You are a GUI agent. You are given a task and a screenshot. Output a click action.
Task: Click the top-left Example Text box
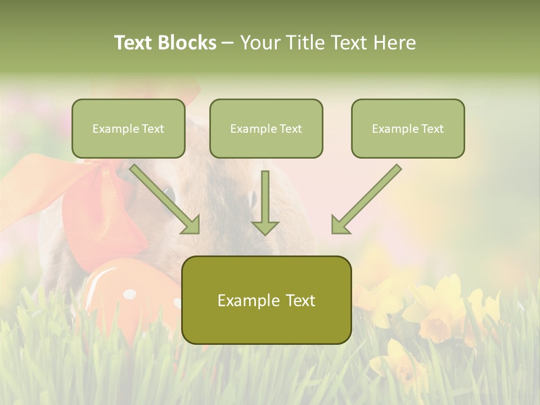coord(128,128)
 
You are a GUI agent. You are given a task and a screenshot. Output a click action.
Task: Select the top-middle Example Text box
coord(266,128)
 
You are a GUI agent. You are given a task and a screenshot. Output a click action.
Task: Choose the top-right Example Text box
coord(408,128)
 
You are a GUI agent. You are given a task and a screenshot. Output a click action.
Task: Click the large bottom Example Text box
coord(266,300)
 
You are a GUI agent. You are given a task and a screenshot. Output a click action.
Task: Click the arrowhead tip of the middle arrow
coord(265,233)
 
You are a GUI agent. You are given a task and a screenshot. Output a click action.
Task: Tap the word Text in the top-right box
coord(433,129)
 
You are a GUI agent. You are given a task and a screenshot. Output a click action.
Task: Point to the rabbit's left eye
coord(169,196)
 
